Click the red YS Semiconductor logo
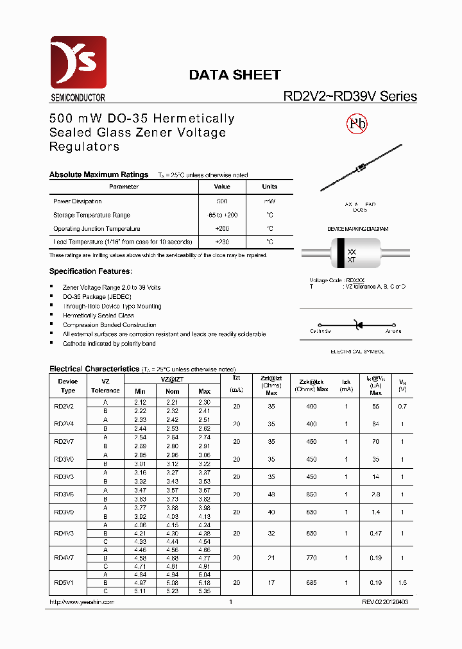pyautogui.click(x=78, y=62)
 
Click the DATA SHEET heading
pyautogui.click(x=234, y=75)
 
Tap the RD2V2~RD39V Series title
pyautogui.click(x=350, y=97)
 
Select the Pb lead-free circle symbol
pyautogui.click(x=357, y=124)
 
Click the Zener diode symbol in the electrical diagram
pyautogui.click(x=357, y=326)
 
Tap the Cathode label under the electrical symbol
pyautogui.click(x=320, y=332)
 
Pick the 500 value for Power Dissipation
pyautogui.click(x=223, y=201)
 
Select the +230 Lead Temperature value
pyautogui.click(x=223, y=242)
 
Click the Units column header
pyautogui.click(x=269, y=187)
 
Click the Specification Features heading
pyautogui.click(x=91, y=271)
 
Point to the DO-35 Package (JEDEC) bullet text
pyautogui.click(x=96, y=297)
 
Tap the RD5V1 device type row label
pyautogui.click(x=64, y=583)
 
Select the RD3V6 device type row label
pyautogui.click(x=64, y=494)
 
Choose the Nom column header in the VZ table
pyautogui.click(x=173, y=391)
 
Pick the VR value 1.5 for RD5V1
pyautogui.click(x=402, y=583)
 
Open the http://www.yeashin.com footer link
pyautogui.click(x=81, y=602)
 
